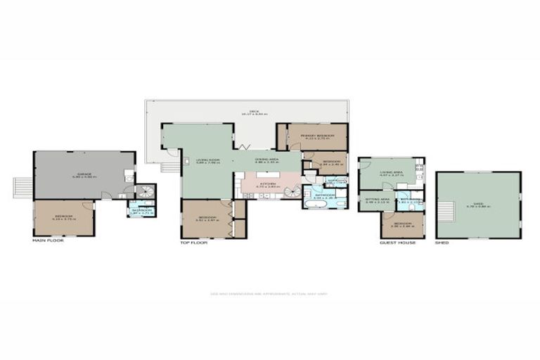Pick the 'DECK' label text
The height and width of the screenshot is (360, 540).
(245, 112)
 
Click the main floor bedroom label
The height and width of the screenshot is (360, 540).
(63, 218)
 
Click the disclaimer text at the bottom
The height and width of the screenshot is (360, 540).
(269, 294)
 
